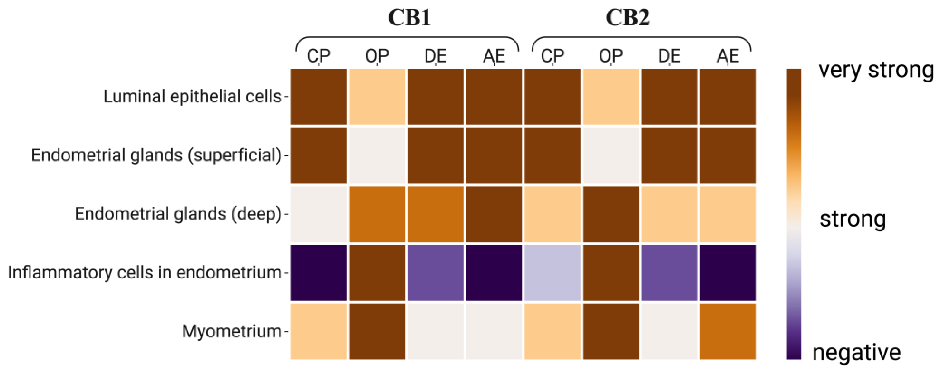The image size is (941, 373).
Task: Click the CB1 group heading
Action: tap(409, 17)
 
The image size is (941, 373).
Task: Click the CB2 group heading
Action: tap(628, 17)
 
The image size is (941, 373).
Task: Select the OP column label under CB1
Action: tap(377, 56)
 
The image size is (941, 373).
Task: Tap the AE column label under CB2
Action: tap(728, 56)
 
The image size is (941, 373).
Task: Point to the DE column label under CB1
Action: tap(435, 56)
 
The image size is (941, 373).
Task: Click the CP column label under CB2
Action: tap(552, 56)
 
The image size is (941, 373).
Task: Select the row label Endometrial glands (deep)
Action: tap(178, 214)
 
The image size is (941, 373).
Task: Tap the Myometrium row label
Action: tap(231, 332)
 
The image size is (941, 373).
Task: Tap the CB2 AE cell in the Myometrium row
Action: tap(728, 332)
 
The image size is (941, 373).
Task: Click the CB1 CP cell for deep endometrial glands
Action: tap(318, 214)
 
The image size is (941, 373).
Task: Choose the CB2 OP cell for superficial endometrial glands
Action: tap(611, 155)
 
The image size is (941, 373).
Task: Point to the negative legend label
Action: tap(856, 352)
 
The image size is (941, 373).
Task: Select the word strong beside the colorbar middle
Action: tap(853, 219)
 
